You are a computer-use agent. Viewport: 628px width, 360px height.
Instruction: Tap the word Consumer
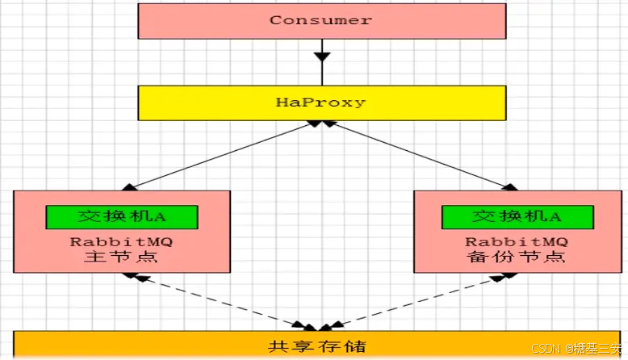[x=320, y=20]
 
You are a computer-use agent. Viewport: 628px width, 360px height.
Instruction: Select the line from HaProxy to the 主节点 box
[x=222, y=154]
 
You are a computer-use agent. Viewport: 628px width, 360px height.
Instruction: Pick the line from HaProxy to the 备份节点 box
[x=418, y=154]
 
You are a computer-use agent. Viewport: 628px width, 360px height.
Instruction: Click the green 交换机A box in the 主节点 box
[x=122, y=216]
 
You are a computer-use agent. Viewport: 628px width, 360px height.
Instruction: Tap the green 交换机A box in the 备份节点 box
[x=517, y=216]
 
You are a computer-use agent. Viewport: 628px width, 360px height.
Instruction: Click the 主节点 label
[x=121, y=257]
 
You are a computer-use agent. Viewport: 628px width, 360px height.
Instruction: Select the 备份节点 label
[x=517, y=257]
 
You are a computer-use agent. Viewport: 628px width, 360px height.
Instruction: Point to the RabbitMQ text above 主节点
[x=121, y=241]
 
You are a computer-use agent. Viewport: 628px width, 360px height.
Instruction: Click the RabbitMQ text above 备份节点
[x=517, y=241]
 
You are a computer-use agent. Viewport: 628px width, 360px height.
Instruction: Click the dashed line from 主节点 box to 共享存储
[x=218, y=302]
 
